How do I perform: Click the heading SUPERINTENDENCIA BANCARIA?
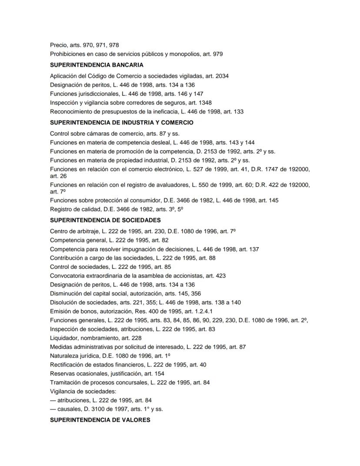point(97,65)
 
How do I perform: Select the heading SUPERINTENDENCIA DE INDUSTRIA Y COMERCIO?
point(121,123)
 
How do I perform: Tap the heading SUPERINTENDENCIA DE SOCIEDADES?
point(105,220)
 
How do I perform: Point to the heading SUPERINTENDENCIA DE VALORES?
point(100,420)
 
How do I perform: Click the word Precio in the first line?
point(59,45)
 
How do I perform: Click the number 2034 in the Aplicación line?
point(222,76)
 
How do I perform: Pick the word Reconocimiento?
point(71,112)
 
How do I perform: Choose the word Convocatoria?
point(68,276)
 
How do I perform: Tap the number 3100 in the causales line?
point(92,409)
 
